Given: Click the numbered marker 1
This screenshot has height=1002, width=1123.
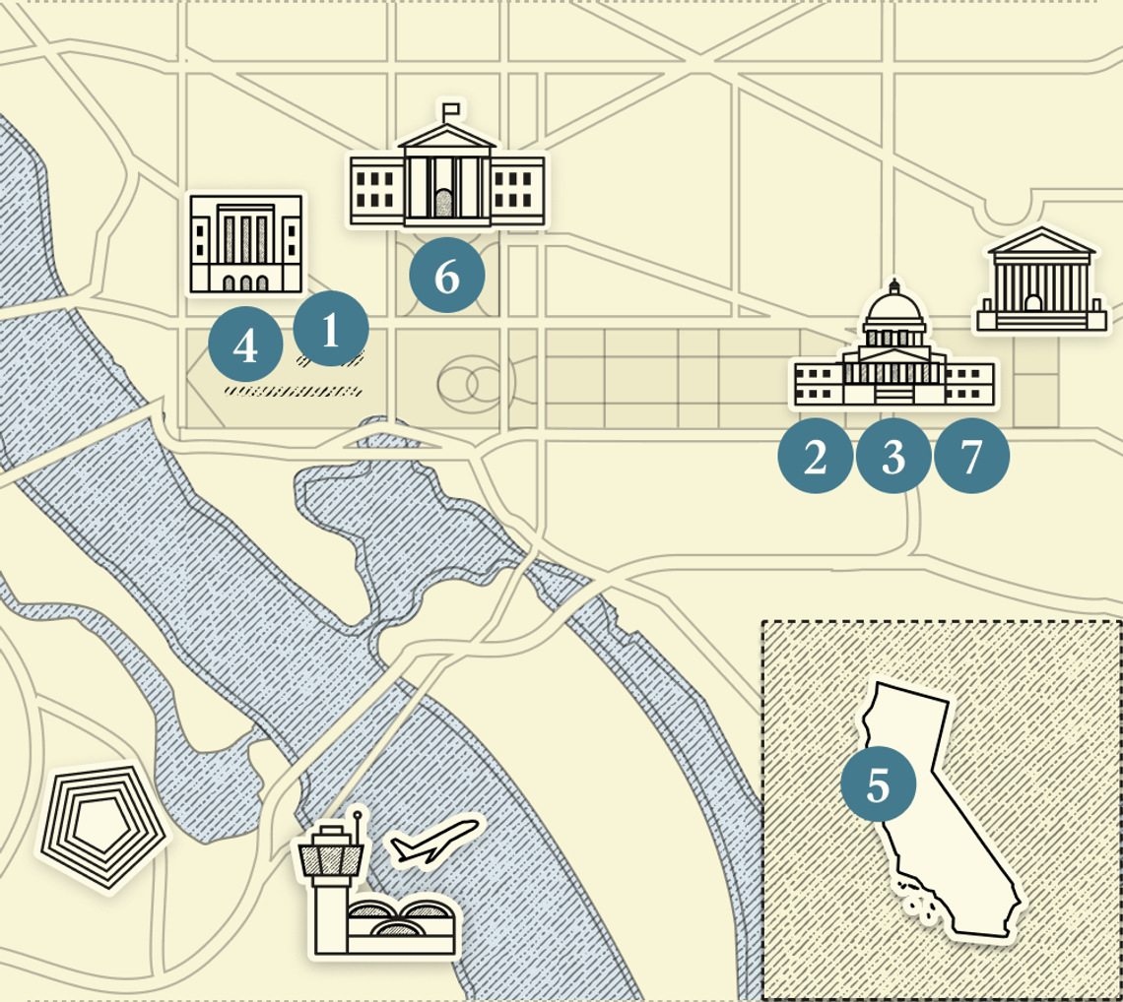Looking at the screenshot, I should [331, 330].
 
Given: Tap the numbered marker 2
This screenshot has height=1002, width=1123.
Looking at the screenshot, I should [816, 457].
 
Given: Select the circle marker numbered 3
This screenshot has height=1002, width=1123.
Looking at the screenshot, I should [893, 457].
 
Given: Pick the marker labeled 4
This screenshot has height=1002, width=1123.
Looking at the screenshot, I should [246, 345].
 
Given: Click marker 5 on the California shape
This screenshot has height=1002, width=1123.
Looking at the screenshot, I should [878, 784].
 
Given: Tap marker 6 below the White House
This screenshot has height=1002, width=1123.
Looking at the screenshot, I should [447, 277].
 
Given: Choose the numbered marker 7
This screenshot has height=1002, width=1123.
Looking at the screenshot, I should [971, 457].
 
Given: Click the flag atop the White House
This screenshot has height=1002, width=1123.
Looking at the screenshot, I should [452, 109].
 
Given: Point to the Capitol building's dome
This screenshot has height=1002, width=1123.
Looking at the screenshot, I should [894, 312].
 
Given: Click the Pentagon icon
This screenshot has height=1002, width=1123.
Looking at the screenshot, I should [100, 825].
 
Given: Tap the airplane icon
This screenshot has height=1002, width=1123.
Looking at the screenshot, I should [435, 841].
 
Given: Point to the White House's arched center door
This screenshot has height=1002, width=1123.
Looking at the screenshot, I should [445, 204].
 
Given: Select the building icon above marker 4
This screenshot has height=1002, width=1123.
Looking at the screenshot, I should [245, 243].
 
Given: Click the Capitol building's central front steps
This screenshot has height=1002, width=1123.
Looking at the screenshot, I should [893, 394].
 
